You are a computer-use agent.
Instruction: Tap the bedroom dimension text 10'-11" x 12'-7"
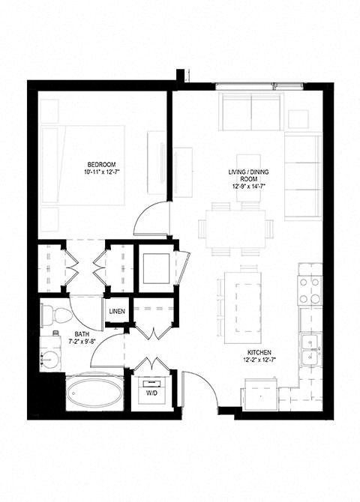[x=100, y=173]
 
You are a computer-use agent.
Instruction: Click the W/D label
[x=151, y=392]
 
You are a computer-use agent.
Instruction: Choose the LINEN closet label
[x=117, y=312]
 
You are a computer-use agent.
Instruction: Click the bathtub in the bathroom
[x=93, y=392]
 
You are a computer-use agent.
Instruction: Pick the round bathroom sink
[x=51, y=349]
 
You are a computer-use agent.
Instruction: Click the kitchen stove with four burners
[x=310, y=290]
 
